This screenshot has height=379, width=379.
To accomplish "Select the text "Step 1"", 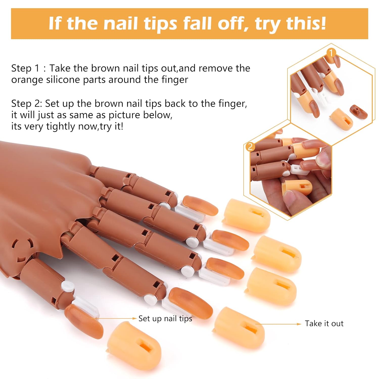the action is (26, 69).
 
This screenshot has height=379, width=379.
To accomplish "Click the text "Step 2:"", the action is (27, 104).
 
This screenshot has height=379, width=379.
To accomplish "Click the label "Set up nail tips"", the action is (165, 319).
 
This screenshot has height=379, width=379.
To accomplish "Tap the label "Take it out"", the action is (324, 323).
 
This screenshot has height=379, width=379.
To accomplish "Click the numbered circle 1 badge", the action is (331, 53).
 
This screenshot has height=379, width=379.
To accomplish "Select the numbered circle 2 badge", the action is (250, 147).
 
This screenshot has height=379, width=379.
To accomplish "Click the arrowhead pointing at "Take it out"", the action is (299, 324).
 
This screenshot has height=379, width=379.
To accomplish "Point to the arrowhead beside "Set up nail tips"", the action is (135, 318).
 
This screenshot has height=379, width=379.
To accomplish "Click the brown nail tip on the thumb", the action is (84, 320).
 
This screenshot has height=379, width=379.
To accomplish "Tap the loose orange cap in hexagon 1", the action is (341, 119).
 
